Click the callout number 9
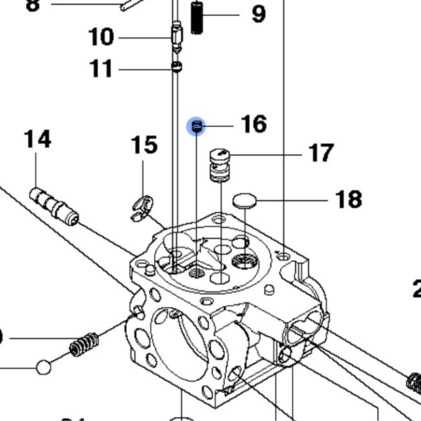click(x=258, y=13)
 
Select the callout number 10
click(x=101, y=37)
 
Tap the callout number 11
click(x=101, y=69)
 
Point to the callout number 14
click(x=37, y=140)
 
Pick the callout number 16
click(x=254, y=125)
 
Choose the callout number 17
click(x=321, y=153)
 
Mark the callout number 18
click(x=349, y=199)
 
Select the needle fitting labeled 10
click(x=176, y=36)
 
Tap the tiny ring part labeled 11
click(x=176, y=68)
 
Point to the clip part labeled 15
click(x=140, y=209)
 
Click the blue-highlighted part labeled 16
click(x=196, y=126)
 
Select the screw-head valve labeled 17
click(x=219, y=165)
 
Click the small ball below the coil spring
click(x=44, y=368)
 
